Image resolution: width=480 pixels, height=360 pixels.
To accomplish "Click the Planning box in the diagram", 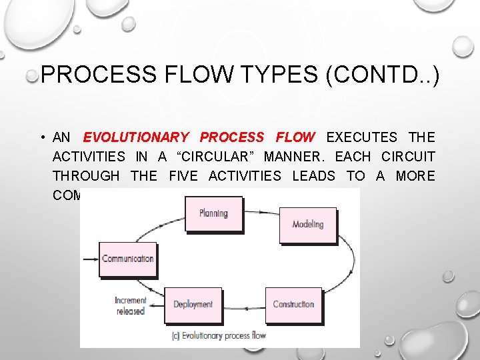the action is [x=213, y=214].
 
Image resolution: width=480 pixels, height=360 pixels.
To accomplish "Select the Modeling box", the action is [x=307, y=225].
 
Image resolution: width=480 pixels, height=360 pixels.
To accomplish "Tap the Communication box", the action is [x=128, y=259].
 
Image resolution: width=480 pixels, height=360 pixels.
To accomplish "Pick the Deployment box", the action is [x=193, y=305].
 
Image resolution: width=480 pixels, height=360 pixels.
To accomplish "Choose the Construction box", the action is [x=293, y=305].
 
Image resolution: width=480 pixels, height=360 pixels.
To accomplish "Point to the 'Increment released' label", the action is [x=130, y=306].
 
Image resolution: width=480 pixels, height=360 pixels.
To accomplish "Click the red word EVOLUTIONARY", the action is [x=136, y=138].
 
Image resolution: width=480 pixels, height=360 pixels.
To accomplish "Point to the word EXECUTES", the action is [x=361, y=138].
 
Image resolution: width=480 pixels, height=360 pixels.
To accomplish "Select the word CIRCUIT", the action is [x=408, y=157].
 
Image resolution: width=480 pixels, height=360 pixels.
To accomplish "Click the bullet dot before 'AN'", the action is [x=41, y=138].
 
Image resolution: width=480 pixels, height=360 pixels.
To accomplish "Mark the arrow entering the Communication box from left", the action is [x=91, y=259].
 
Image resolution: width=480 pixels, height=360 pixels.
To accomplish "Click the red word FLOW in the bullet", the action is [x=295, y=138].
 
